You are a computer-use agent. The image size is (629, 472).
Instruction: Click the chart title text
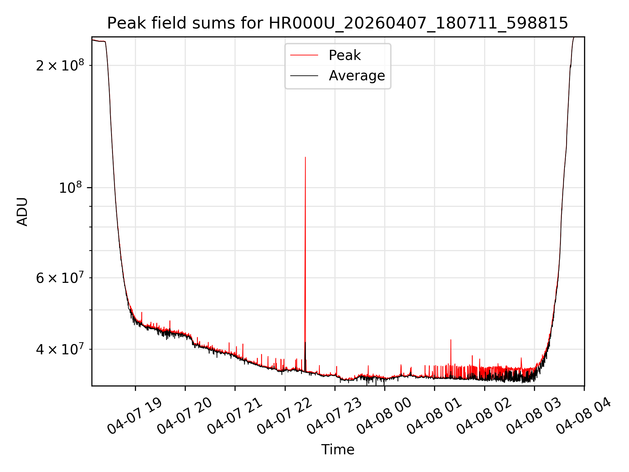tap(337, 23)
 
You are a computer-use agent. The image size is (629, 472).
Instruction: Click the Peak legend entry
tap(344, 55)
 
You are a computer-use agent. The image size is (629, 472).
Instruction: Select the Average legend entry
tap(356, 76)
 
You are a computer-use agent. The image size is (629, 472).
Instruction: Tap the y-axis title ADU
tap(22, 211)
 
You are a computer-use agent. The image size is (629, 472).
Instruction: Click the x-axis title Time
tap(337, 449)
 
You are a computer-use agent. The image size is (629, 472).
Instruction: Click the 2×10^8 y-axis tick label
tap(60, 66)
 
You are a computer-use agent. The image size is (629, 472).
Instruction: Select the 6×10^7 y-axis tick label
tap(60, 278)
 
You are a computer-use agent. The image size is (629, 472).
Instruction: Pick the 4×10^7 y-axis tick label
tap(60, 349)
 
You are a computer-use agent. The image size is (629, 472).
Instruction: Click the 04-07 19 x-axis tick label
tap(135, 416)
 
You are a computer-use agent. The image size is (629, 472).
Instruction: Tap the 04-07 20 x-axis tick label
tap(185, 416)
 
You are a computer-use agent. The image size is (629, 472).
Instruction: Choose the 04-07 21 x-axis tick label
tap(235, 416)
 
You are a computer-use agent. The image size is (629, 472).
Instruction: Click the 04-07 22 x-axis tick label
tap(285, 416)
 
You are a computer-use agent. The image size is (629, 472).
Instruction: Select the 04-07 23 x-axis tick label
tap(334, 416)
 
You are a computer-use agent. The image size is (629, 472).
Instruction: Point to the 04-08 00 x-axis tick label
tap(384, 416)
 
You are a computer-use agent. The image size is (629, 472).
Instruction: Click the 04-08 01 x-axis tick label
tap(434, 416)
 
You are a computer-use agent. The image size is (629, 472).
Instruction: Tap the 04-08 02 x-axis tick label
tap(484, 416)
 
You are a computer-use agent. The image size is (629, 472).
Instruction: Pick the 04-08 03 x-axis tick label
tap(534, 416)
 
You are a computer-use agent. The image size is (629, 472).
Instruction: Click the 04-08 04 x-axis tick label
tap(584, 416)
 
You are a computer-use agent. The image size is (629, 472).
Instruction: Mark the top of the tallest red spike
tap(305, 157)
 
